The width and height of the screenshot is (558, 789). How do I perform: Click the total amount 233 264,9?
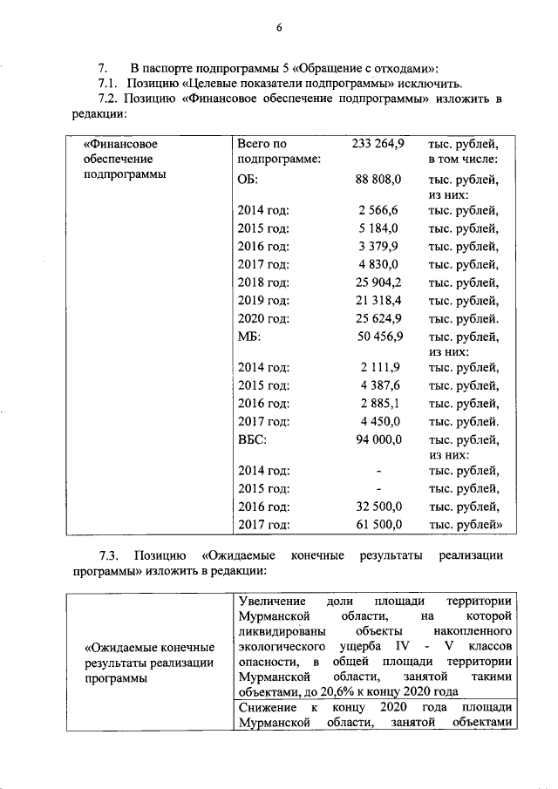pos(378,143)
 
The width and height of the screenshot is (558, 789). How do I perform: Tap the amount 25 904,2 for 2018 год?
pos(378,282)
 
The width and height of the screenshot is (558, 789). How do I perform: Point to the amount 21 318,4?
pos(378,301)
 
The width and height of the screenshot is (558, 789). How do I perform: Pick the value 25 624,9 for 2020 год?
pos(378,319)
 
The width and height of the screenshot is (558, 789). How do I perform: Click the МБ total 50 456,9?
pos(378,337)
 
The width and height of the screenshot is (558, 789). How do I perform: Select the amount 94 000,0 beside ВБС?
pos(378,439)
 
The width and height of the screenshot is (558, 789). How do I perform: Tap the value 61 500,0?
pos(378,525)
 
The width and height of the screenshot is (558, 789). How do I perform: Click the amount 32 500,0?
pos(378,507)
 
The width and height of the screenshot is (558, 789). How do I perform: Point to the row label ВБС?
pos(252,439)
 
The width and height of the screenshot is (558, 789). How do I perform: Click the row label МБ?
pos(248,337)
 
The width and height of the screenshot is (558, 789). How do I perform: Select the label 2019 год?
pos(262,301)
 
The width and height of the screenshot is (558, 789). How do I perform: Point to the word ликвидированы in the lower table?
pos(282,631)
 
